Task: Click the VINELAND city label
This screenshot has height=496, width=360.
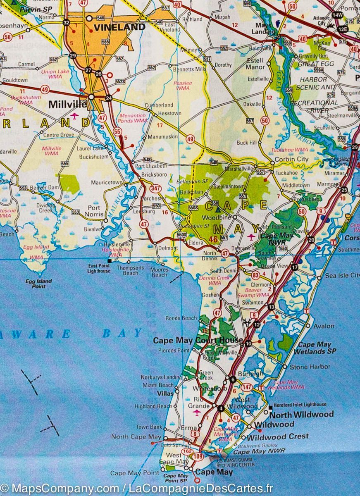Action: (x=120, y=27)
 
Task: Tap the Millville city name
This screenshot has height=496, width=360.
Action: (x=67, y=105)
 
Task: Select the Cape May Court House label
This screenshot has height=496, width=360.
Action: (x=198, y=341)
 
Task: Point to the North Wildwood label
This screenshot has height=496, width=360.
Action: (x=301, y=414)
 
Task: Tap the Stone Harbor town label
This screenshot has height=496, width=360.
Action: (x=310, y=367)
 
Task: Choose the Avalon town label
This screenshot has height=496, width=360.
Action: (x=324, y=326)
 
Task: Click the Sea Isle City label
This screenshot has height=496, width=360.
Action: (x=342, y=275)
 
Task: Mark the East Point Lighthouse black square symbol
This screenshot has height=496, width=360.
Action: (x=110, y=261)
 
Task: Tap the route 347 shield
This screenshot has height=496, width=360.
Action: (x=155, y=188)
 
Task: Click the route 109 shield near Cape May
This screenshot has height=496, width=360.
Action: (x=198, y=457)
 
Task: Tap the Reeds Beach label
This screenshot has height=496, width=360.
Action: (x=181, y=318)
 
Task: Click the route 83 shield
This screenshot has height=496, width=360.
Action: (x=256, y=275)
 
